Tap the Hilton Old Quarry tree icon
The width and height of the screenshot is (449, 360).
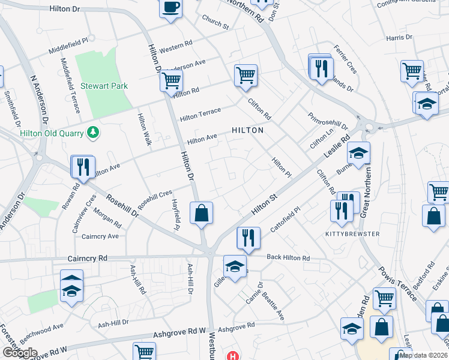pyautogui.click(x=92, y=131)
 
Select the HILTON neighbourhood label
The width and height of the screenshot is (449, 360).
pyautogui.click(x=248, y=130)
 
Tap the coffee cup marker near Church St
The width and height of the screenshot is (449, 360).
pyautogui.click(x=171, y=8)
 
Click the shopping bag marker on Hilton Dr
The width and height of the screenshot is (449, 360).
pyautogui.click(x=202, y=213)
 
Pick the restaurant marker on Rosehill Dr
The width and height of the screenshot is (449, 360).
pyautogui.click(x=82, y=166)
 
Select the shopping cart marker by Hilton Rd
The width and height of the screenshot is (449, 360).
pyautogui.click(x=172, y=79)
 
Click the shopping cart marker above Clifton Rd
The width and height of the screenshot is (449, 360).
pyautogui.click(x=246, y=75)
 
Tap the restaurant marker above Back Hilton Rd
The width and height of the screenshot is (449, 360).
pyautogui.click(x=248, y=238)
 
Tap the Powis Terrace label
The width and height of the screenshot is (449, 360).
pyautogui.click(x=398, y=281)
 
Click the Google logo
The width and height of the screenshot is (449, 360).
pyautogui.click(x=19, y=353)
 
